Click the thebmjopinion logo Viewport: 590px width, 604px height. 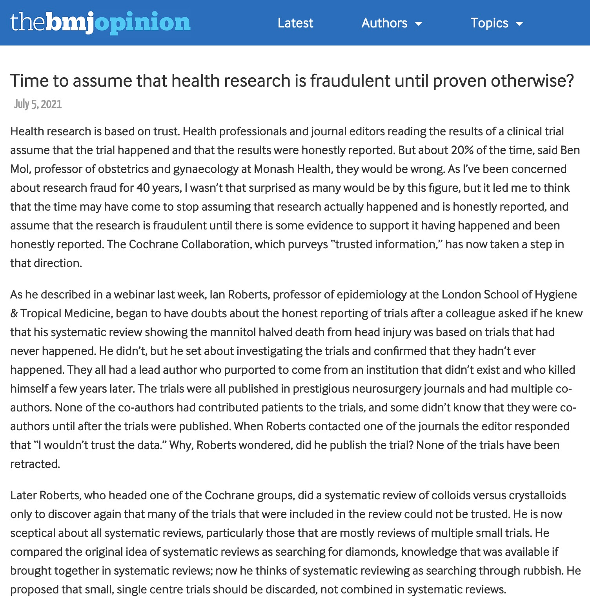tap(100, 22)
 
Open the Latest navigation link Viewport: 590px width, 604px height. tap(295, 23)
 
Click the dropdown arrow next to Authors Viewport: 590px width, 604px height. tap(419, 24)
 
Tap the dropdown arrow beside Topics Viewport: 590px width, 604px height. tap(519, 24)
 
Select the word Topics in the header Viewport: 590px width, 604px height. tap(489, 23)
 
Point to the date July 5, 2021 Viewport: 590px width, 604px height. tap(38, 104)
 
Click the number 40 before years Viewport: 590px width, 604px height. tap(143, 188)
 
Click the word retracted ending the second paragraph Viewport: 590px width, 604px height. tap(35, 464)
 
